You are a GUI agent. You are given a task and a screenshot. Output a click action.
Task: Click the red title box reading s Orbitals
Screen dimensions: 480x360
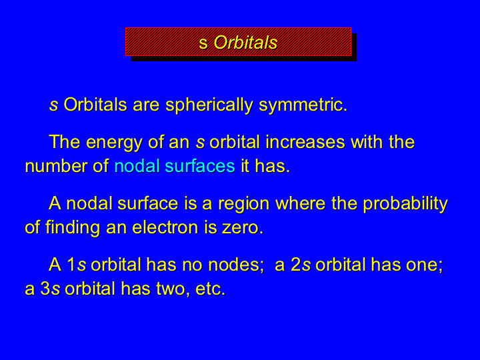pos(238,41)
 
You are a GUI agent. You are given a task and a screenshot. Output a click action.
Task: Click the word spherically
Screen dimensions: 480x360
pos(209,106)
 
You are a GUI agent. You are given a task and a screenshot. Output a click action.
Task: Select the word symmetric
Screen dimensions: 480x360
pos(303,106)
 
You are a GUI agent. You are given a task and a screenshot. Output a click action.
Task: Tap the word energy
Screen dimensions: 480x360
pos(114,143)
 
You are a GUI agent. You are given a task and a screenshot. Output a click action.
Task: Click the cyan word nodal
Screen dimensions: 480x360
pos(137,166)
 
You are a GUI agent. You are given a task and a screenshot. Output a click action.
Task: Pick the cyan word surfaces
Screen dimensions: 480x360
pos(200,166)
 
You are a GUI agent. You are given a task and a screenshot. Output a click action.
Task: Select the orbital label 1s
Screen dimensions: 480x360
pos(77,265)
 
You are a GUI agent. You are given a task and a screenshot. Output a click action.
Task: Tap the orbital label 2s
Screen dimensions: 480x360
pos(301,265)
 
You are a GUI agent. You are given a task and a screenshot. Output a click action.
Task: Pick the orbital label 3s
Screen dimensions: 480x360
pos(50,289)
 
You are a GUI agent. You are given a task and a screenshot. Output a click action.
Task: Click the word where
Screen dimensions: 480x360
pos(300,203)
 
